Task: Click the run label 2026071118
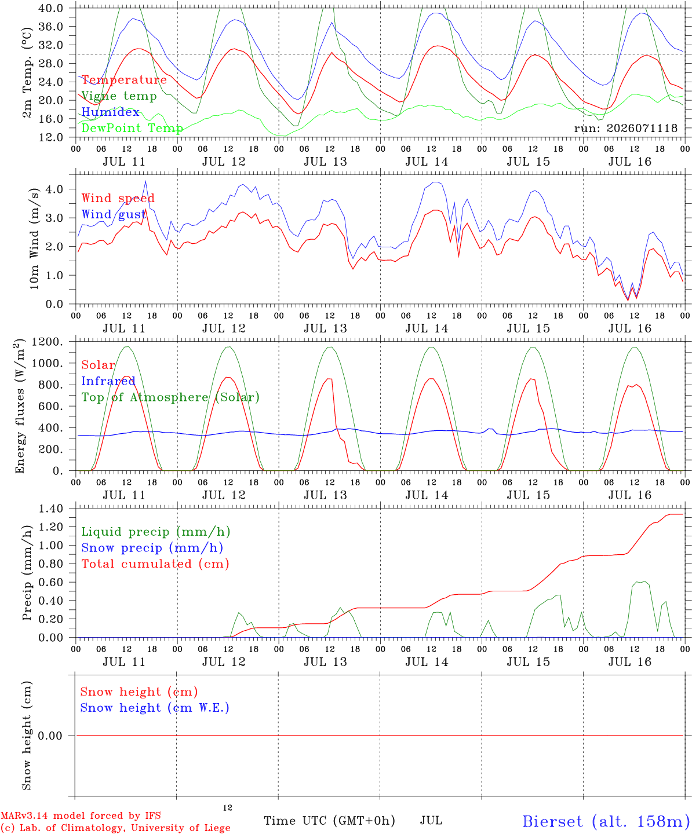625,128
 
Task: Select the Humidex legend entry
110,112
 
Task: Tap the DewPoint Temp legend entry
132,128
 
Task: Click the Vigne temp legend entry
119,96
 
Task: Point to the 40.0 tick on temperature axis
50,8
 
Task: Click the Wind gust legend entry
114,214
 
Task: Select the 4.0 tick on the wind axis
54,189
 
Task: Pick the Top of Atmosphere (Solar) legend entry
171,397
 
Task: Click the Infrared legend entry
108,381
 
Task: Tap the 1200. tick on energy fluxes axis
48,342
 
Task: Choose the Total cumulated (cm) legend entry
155,564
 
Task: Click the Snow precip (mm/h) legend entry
152,548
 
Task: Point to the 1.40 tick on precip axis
51,509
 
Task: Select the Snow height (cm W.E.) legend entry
155,708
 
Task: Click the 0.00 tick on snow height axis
50,736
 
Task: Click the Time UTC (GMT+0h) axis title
329,821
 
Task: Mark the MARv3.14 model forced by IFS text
81,815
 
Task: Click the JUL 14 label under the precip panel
427,661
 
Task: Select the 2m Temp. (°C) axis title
27,73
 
